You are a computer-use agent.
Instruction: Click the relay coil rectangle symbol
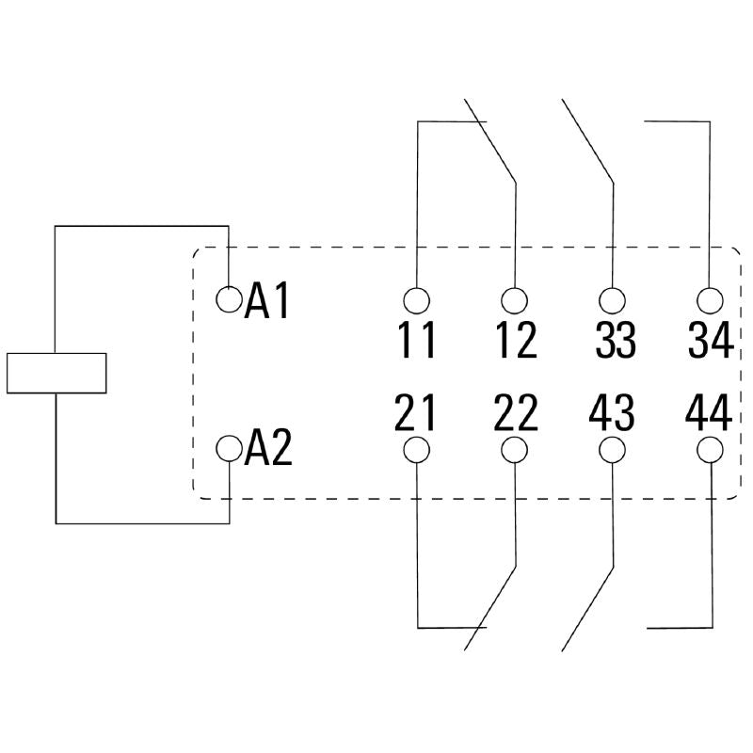(56, 373)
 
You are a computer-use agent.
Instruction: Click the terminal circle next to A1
(229, 299)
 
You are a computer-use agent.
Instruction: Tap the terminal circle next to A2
(229, 449)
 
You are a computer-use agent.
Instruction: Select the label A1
(268, 302)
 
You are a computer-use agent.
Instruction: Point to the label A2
(269, 450)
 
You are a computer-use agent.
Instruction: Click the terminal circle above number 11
(416, 300)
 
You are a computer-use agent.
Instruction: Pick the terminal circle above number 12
(514, 300)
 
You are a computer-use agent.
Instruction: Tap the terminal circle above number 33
(613, 300)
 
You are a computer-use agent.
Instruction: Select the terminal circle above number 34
(711, 300)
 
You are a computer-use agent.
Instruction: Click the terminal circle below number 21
(416, 450)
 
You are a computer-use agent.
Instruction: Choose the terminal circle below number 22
(514, 450)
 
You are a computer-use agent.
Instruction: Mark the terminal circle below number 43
(613, 450)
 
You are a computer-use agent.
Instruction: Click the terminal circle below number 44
(711, 450)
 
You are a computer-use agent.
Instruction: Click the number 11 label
(416, 340)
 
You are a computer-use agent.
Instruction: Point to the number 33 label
(615, 340)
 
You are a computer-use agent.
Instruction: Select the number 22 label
(515, 411)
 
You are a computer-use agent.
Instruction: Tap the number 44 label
(710, 411)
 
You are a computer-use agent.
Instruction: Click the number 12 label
(515, 340)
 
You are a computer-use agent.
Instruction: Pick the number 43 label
(613, 411)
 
